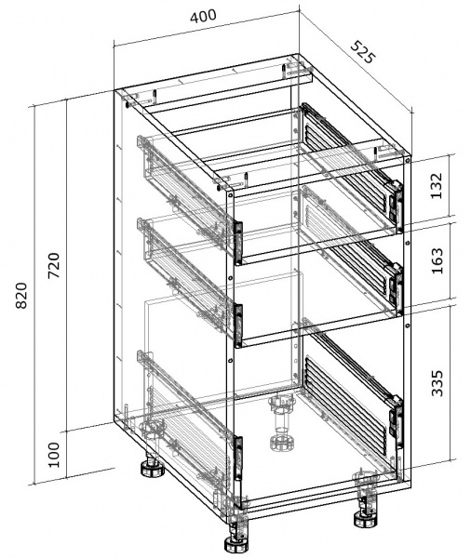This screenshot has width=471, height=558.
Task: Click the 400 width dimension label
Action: pyautogui.click(x=203, y=16)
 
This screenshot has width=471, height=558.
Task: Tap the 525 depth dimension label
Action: pyautogui.click(x=363, y=53)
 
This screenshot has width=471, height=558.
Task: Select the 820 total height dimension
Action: pyautogui.click(x=21, y=296)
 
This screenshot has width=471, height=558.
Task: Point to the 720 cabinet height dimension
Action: pyautogui.click(x=54, y=265)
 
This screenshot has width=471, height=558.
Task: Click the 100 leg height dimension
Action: pyautogui.click(x=54, y=455)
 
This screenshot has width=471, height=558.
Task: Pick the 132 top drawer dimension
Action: pyautogui.click(x=436, y=186)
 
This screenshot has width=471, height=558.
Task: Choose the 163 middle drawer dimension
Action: pyautogui.click(x=437, y=260)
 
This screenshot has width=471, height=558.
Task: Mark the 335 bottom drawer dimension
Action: pyautogui.click(x=437, y=383)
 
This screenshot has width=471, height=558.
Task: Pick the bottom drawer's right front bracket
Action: pyautogui.click(x=397, y=422)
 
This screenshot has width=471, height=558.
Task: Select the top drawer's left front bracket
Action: pyautogui.click(x=238, y=243)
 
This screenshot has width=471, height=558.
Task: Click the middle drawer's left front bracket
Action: pyautogui.click(x=238, y=325)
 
